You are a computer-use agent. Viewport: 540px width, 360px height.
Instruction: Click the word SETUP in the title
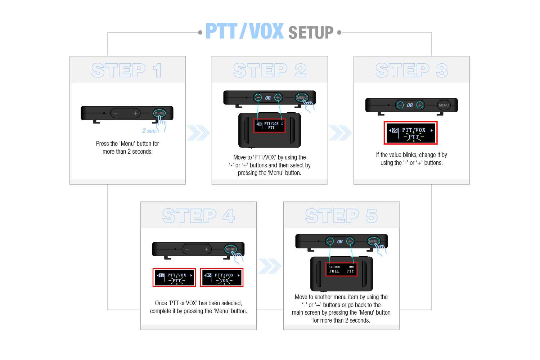pyautogui.click(x=311, y=32)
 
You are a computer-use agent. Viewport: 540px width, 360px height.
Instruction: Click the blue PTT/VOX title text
pyautogui.click(x=244, y=31)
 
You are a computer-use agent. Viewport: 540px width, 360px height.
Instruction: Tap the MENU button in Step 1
pyautogui.click(x=159, y=113)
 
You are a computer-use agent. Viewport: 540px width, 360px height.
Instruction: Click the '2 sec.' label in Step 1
pyautogui.click(x=149, y=131)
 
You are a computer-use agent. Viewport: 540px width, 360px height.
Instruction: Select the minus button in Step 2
pyautogui.click(x=258, y=98)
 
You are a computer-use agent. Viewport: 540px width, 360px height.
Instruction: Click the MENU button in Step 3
pyautogui.click(x=444, y=105)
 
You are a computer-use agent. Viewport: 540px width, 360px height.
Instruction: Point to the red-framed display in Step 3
pyautogui.click(x=410, y=133)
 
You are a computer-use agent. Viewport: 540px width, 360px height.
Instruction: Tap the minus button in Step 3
pyautogui.click(x=400, y=105)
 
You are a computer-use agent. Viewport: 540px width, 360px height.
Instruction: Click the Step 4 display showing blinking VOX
pyautogui.click(x=221, y=278)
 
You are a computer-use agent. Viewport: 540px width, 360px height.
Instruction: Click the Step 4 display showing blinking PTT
pyautogui.click(x=174, y=278)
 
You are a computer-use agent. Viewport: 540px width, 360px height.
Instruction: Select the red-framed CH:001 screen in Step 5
pyautogui.click(x=341, y=269)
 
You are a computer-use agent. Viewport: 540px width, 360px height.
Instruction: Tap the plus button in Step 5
pyautogui.click(x=350, y=241)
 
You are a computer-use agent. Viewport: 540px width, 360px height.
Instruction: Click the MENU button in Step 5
pyautogui.click(x=374, y=241)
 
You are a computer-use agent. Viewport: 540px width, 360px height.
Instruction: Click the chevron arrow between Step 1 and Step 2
pyautogui.click(x=198, y=133)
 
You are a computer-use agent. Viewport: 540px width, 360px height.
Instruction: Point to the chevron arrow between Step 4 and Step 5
pyautogui.click(x=270, y=266)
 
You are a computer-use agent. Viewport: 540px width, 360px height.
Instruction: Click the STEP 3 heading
pyautogui.click(x=411, y=71)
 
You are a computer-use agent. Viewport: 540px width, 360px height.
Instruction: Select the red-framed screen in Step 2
pyautogui.click(x=269, y=126)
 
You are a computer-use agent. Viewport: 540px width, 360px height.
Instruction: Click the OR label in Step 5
pyautogui.click(x=340, y=242)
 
